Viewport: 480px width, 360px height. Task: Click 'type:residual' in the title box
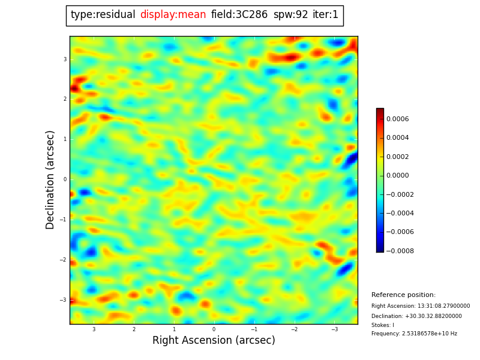coord(103,15)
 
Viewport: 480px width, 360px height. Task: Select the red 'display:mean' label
coord(173,15)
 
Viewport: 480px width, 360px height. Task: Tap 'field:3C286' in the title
coord(239,15)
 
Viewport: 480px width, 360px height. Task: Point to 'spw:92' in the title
coord(290,15)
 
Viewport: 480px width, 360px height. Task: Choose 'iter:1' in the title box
coord(325,15)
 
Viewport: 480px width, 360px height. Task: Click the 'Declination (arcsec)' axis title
coord(50,179)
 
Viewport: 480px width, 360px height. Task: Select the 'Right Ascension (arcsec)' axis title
coord(214,340)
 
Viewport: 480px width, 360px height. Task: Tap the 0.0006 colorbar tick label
coord(397,119)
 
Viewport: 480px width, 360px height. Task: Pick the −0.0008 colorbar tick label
coord(399,251)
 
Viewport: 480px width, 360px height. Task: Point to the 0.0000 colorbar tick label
coord(397,175)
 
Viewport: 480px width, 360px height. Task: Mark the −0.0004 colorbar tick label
coord(399,213)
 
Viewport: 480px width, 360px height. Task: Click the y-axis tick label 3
coord(65,59)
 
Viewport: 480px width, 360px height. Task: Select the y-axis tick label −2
coord(64,260)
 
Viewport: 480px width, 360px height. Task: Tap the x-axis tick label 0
coord(214,329)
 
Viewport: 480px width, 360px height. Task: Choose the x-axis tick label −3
coord(334,329)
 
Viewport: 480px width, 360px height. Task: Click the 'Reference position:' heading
coord(403,295)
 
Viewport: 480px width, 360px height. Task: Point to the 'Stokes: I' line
coord(383,325)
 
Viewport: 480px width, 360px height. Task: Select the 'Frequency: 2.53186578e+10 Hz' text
coord(414,334)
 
